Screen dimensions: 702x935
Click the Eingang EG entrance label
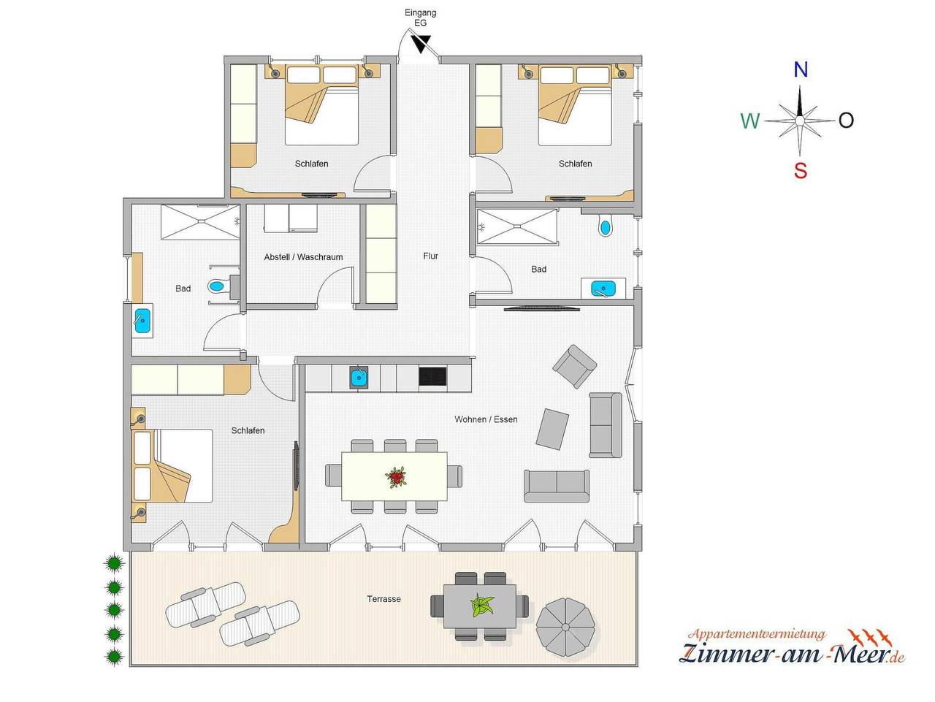[420, 18]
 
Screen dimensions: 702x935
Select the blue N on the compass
[801, 70]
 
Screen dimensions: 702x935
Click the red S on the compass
[801, 171]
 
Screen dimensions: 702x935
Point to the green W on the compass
[750, 121]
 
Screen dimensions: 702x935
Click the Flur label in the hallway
[430, 256]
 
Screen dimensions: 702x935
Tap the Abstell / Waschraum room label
[303, 257]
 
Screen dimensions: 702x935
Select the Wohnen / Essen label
[486, 419]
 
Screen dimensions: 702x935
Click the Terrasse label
[383, 599]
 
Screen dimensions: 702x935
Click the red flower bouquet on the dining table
[395, 478]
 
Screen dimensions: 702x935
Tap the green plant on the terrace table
[481, 606]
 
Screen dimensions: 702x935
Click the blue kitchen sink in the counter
[359, 378]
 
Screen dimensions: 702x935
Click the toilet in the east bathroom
[605, 227]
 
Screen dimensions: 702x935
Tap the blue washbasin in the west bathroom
[142, 321]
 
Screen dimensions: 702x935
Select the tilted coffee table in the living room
[552, 429]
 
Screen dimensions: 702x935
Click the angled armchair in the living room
[575, 365]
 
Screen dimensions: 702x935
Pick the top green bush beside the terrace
[113, 562]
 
